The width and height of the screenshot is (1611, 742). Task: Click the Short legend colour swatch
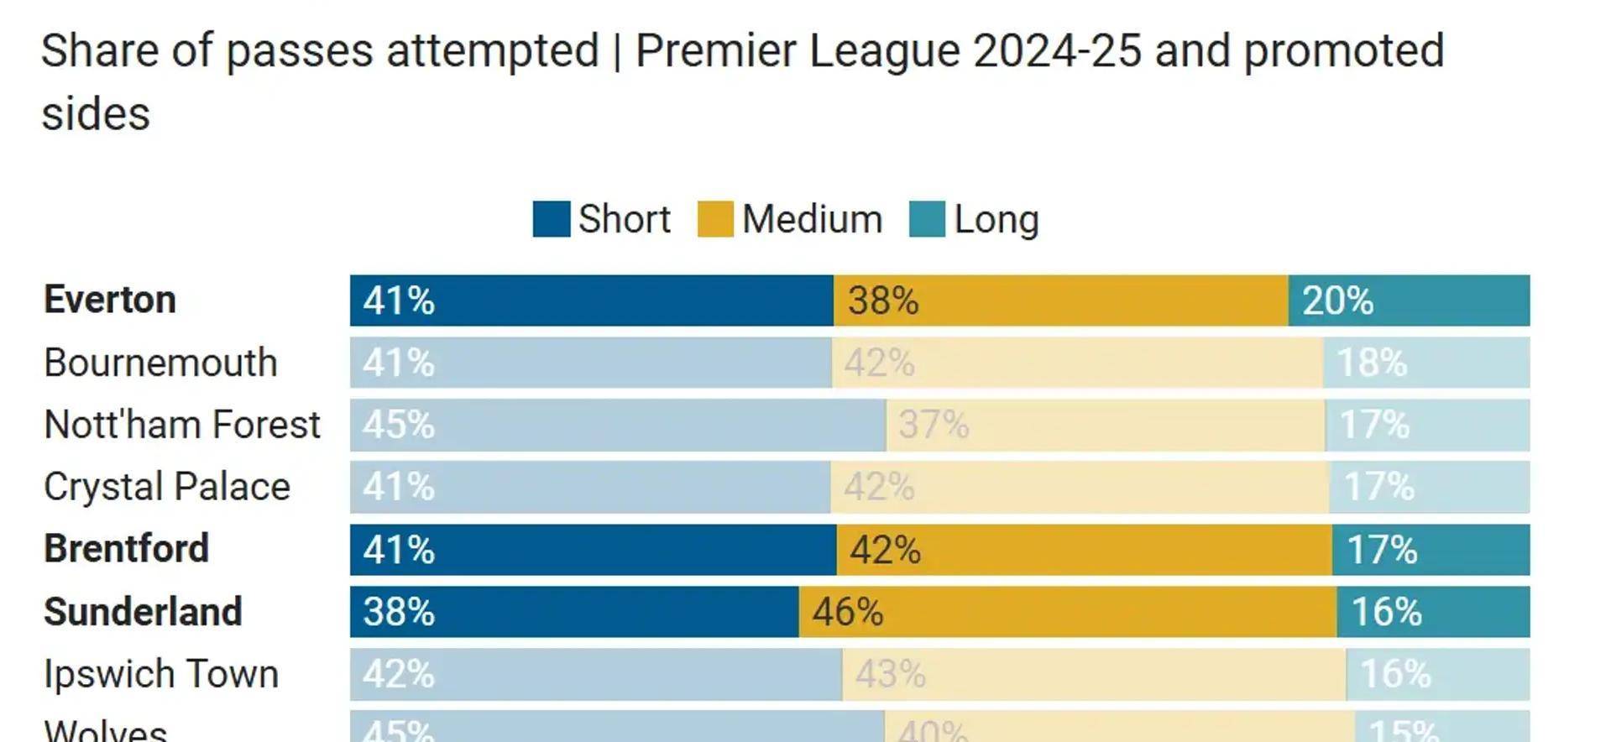tap(551, 219)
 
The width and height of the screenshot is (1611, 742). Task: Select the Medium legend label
tap(812, 220)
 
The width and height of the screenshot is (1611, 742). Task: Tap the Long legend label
tap(996, 220)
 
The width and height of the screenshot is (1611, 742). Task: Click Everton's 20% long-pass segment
tap(1409, 300)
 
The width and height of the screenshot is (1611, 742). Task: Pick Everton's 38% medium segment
tap(1060, 300)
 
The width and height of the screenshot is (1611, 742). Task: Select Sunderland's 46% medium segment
tap(1067, 612)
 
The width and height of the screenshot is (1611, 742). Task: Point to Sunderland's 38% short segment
tap(574, 612)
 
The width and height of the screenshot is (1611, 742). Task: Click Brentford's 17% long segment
tap(1431, 550)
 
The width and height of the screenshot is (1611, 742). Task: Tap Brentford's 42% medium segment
tap(1084, 550)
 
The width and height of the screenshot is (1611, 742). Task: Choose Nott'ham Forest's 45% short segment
tap(618, 425)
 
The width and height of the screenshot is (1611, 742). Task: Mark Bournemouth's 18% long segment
tap(1426, 363)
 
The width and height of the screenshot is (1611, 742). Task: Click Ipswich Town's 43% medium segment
tap(1094, 674)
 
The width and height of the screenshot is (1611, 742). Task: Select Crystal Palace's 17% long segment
tap(1430, 487)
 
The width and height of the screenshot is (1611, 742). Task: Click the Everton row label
tap(110, 300)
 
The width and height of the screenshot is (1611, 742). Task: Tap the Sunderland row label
tap(143, 612)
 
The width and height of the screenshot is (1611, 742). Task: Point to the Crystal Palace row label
tap(167, 487)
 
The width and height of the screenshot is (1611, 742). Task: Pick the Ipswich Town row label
tap(161, 674)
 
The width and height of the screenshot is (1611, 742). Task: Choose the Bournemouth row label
tap(160, 363)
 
